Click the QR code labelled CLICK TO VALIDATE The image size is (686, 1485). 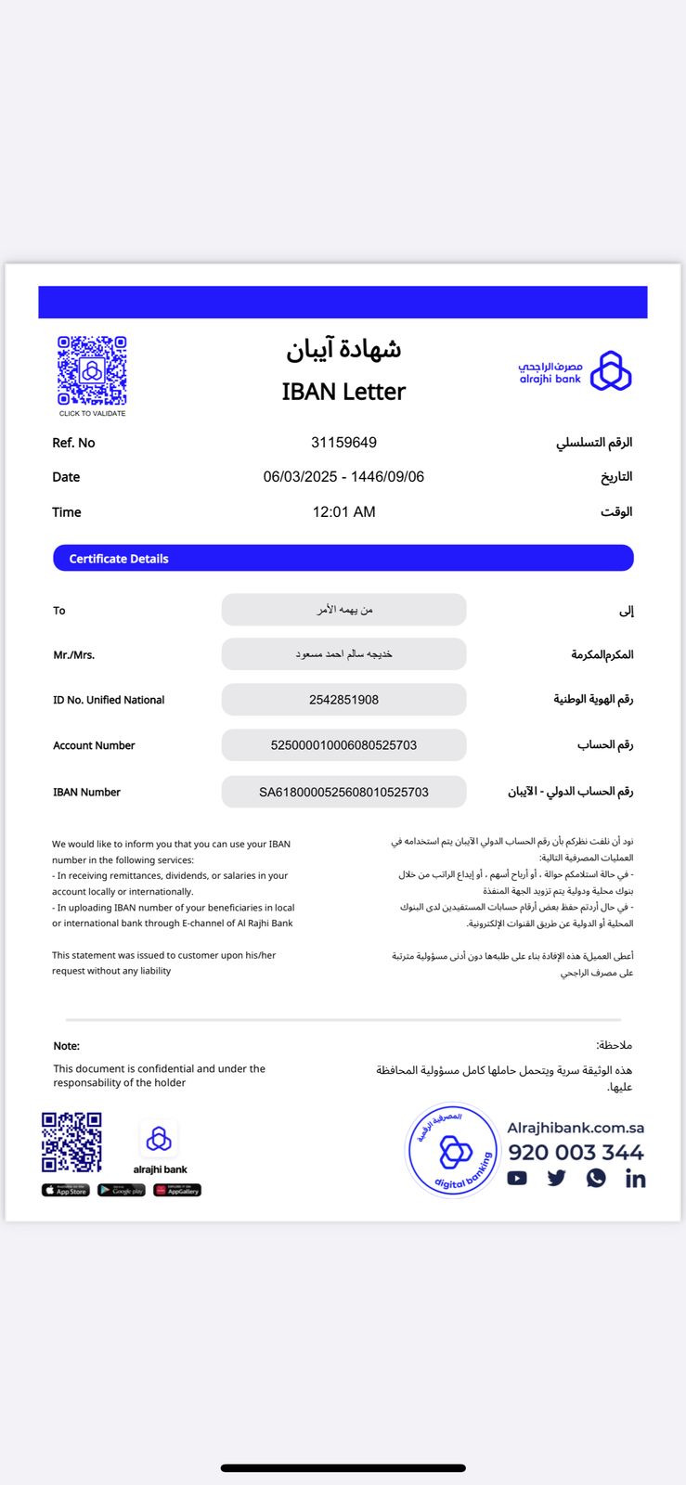click(x=92, y=371)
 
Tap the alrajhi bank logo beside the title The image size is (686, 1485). click(x=575, y=372)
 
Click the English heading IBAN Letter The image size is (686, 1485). click(x=343, y=392)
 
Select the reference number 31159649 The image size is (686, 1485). click(x=343, y=443)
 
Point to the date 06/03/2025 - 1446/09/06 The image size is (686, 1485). click(x=343, y=477)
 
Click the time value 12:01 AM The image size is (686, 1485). click(x=343, y=512)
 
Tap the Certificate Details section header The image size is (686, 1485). click(x=343, y=559)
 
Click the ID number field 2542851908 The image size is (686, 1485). click(x=343, y=700)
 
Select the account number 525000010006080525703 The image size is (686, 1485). click(x=343, y=745)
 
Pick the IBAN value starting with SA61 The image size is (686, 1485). click(x=343, y=793)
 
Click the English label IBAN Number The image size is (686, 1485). click(x=86, y=793)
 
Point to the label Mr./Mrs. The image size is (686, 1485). click(x=74, y=655)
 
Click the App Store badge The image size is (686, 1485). click(x=66, y=1190)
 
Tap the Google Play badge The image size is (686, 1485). click(x=122, y=1190)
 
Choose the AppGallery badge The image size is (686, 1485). click(x=177, y=1190)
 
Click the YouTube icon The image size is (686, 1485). click(x=517, y=1179)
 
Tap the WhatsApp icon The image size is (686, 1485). click(x=596, y=1179)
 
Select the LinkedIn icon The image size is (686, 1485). click(x=636, y=1179)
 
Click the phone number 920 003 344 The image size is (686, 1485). click(x=576, y=1153)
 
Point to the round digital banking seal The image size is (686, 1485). click(x=454, y=1151)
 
